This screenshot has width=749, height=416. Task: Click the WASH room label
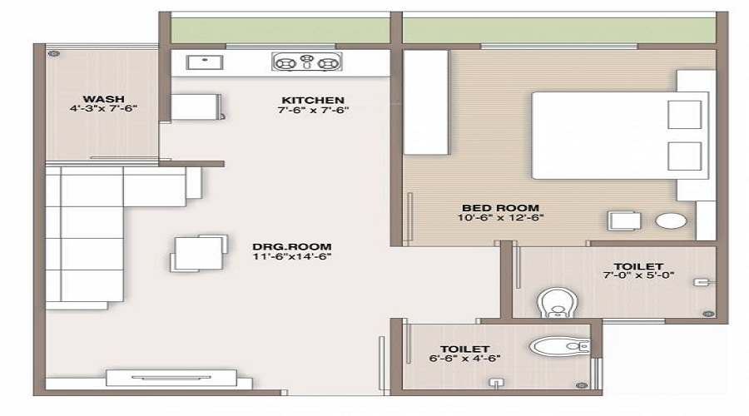click(103, 98)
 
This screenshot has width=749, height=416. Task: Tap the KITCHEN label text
click(312, 98)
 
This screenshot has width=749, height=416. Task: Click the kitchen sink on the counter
click(200, 62)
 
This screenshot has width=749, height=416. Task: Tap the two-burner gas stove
click(305, 62)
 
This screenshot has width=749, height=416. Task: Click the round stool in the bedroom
click(671, 221)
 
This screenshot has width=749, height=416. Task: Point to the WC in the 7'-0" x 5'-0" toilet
click(553, 300)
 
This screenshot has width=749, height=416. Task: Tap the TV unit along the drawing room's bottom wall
click(171, 379)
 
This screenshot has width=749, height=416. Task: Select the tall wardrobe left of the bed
click(426, 102)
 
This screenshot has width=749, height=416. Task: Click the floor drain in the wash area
click(54, 54)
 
